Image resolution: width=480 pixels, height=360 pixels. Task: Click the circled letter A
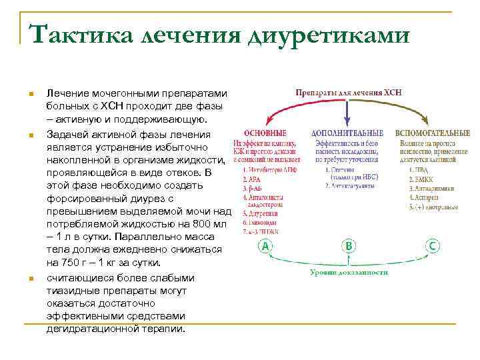point(266,247)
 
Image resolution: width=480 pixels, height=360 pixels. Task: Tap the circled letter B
point(348,247)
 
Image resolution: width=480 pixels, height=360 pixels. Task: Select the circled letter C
point(433,247)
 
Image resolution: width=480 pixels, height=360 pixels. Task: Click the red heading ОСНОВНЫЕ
point(265,133)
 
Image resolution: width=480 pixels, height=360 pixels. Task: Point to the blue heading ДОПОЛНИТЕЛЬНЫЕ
point(347,133)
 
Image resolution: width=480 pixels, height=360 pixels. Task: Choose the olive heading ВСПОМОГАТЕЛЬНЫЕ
point(432,133)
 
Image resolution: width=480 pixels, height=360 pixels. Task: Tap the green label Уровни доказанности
point(349,273)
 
